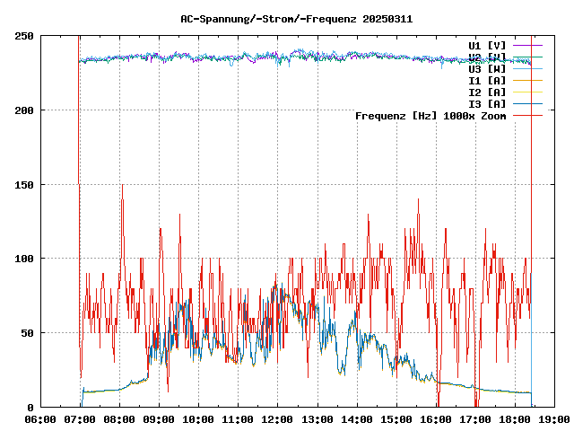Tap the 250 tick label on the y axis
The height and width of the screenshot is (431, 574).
tap(24, 36)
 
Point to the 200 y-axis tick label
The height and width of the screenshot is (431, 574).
tap(24, 110)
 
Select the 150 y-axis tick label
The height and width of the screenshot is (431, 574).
tap(24, 184)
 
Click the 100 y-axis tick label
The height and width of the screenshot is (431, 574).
tap(24, 259)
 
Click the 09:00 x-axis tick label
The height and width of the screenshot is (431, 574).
tap(159, 419)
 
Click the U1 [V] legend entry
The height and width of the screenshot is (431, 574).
tap(487, 45)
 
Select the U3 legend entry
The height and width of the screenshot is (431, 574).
tap(487, 68)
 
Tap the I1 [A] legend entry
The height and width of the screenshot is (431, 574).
tap(487, 80)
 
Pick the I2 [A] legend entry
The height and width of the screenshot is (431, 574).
tap(487, 92)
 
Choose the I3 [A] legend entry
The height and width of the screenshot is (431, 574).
tap(487, 103)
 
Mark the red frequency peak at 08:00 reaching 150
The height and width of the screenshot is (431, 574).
tap(122, 186)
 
